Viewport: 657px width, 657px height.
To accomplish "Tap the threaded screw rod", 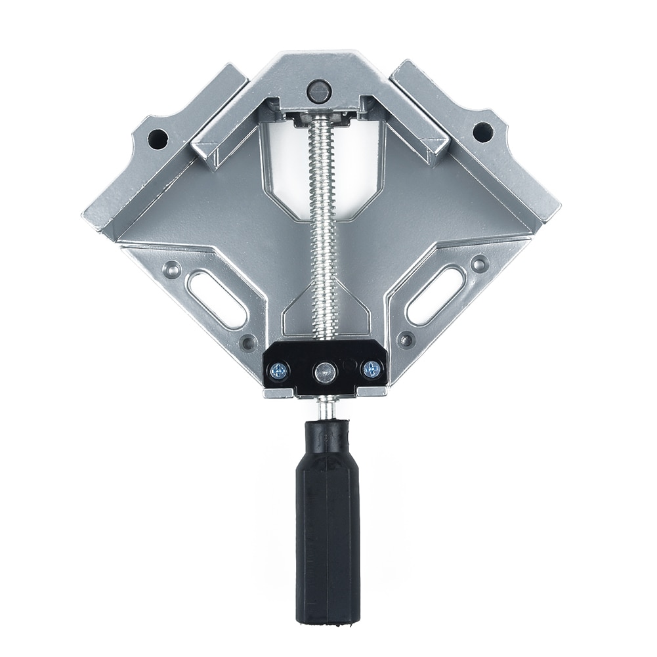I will click(x=324, y=230).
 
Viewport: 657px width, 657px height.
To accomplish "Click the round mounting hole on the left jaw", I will click(x=157, y=138).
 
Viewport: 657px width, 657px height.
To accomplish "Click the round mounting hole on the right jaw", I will click(x=483, y=132).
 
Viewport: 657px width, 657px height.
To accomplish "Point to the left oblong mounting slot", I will click(x=216, y=299).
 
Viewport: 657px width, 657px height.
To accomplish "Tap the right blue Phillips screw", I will click(x=371, y=370).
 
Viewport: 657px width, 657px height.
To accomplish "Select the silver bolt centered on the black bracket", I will click(x=325, y=372).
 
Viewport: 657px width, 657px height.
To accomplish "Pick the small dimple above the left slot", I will click(x=173, y=268).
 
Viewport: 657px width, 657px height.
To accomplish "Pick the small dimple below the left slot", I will click(x=248, y=342).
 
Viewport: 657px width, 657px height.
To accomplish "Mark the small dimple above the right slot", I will click(x=480, y=265).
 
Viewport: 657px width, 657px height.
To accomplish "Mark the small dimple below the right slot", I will click(x=406, y=340).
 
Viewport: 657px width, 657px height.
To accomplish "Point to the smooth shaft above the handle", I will click(x=326, y=408).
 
